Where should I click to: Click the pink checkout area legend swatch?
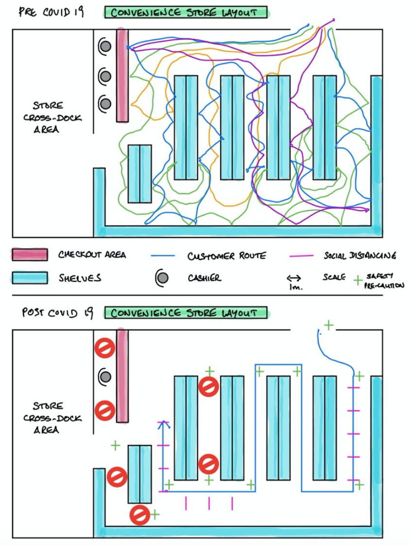point(30,255)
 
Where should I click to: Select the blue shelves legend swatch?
point(30,277)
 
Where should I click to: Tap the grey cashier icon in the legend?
point(162,277)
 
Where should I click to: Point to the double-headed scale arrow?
point(293,278)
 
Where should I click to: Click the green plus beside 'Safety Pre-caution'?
point(358,279)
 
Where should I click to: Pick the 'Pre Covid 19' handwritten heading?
point(51,12)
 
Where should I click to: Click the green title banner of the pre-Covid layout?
point(186,12)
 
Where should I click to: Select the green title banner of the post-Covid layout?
point(186,312)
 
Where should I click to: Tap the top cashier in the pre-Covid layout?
point(105,47)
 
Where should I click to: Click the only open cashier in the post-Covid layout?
point(105,376)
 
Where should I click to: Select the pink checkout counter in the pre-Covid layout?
point(122,75)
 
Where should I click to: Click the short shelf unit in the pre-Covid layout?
point(139,173)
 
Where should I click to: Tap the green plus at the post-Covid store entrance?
point(329,324)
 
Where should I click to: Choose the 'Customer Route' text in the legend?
point(226,256)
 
